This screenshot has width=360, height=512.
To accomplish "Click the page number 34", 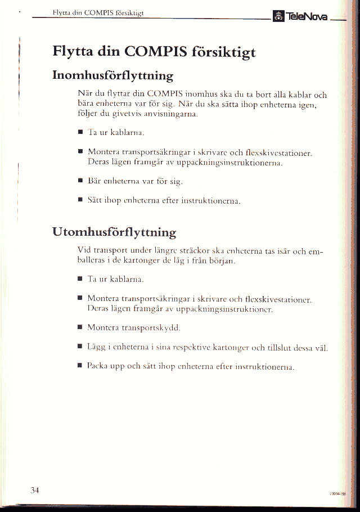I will coord(34,490).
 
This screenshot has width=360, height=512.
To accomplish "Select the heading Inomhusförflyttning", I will coord(112,75).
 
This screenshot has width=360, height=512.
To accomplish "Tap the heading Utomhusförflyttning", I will coord(114,231).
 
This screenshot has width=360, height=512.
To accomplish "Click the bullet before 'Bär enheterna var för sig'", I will coord(80,182).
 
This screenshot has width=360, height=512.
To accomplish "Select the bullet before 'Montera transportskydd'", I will coord(80,327).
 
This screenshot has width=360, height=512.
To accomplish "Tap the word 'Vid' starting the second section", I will coord(84,250).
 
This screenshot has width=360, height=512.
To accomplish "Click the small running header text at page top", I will coord(98,12).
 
